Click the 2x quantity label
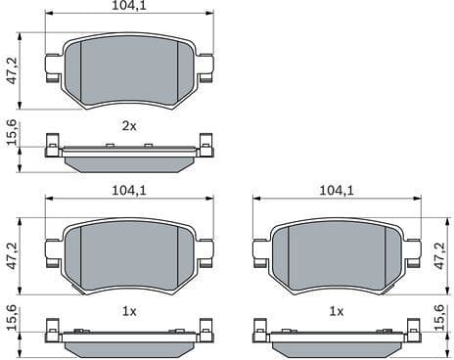tap(128, 125)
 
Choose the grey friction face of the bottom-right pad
tap(336, 252)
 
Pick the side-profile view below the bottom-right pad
tap(336, 338)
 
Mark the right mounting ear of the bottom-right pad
tap(412, 251)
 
